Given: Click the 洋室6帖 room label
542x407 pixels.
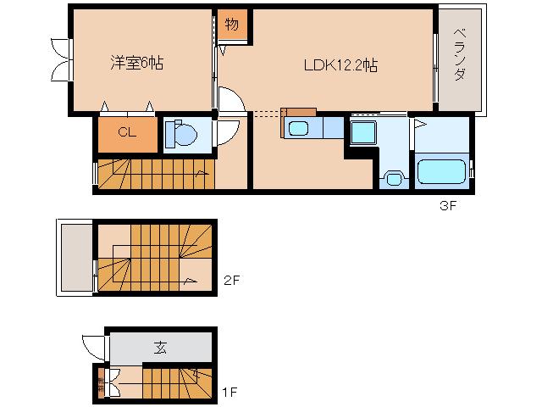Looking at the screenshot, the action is click(136, 63).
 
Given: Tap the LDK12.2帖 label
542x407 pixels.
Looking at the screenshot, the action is click(340, 65).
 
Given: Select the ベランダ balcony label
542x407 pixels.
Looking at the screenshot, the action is click(460, 54).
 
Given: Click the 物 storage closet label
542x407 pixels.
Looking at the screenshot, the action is click(232, 25).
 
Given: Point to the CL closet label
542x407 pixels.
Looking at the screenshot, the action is click(127, 132).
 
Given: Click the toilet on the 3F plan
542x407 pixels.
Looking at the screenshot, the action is click(180, 133).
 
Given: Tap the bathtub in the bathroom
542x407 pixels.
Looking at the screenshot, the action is click(441, 171).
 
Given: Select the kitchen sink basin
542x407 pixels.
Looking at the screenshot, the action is click(298, 128).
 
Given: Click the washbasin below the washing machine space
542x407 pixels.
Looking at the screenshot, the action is click(394, 179).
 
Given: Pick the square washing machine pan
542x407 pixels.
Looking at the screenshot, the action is click(363, 132).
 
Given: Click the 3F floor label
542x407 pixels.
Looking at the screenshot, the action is click(448, 205).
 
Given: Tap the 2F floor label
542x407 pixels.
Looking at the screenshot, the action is click(231, 280).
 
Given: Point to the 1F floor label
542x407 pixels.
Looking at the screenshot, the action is click(230, 393).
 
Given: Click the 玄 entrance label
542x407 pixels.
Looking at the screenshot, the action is click(160, 348).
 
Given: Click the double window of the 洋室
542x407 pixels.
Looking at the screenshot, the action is click(62, 59).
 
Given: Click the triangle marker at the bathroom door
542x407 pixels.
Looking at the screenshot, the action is click(420, 124).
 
